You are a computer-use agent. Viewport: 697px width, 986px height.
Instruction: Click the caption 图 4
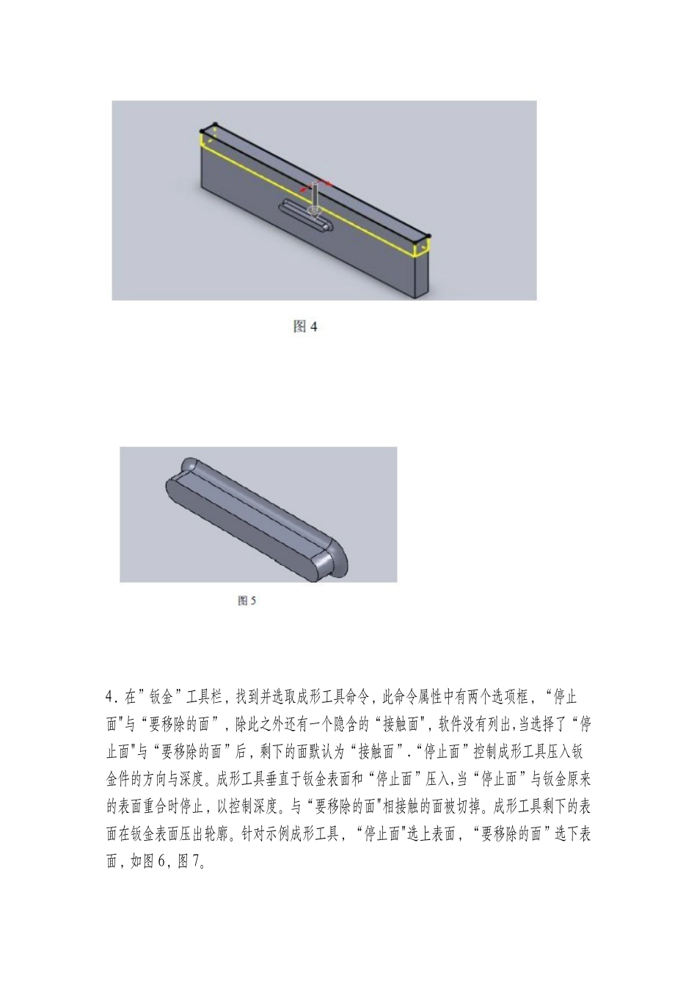pyautogui.click(x=304, y=326)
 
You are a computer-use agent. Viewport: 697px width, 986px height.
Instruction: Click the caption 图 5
pyautogui.click(x=247, y=601)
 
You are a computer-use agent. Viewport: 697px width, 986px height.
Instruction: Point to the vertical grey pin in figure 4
pyautogui.click(x=315, y=196)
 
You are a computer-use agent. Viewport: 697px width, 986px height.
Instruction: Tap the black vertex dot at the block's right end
pyautogui.click(x=428, y=236)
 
